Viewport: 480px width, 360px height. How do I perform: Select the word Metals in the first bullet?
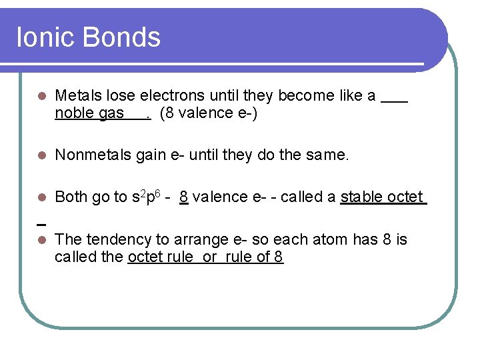tap(76, 95)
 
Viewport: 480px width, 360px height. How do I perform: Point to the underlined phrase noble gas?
tap(89, 113)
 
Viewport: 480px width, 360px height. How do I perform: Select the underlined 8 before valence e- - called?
tap(183, 197)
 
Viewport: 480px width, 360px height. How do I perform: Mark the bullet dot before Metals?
tap(42, 96)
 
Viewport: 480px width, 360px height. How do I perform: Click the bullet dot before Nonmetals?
tap(42, 156)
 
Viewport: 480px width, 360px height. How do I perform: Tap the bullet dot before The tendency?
tap(42, 240)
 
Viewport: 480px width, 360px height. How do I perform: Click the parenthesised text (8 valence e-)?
tap(209, 113)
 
